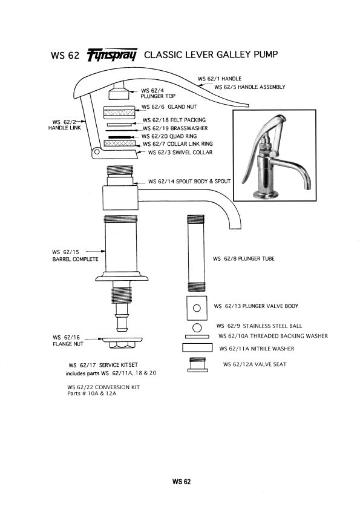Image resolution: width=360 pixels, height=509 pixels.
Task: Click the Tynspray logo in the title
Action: [x=113, y=55]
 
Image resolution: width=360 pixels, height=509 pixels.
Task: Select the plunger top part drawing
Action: [x=119, y=93]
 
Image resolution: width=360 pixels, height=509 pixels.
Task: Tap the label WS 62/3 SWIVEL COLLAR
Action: [x=176, y=153]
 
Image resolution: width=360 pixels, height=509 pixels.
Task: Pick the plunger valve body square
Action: [x=197, y=307]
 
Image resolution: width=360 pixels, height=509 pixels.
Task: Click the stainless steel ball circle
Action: [x=197, y=327]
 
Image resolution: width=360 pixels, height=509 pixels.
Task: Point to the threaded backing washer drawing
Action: [x=197, y=337]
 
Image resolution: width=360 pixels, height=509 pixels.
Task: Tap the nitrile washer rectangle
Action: [x=197, y=348]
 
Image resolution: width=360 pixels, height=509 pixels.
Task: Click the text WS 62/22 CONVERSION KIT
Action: [x=103, y=387]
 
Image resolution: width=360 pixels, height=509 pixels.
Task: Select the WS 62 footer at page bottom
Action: [x=181, y=482]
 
